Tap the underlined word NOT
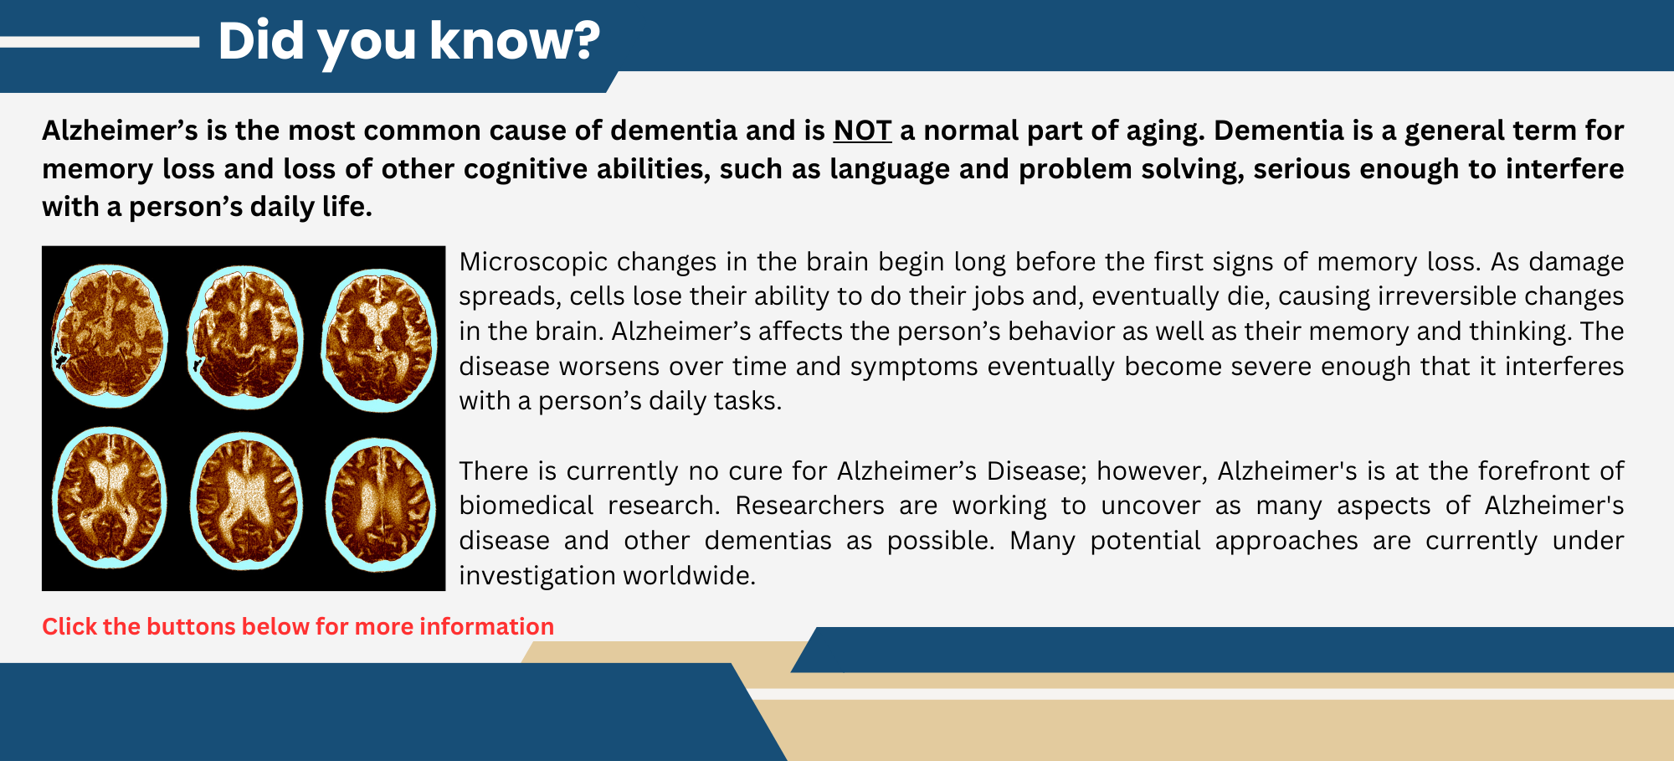[x=862, y=131]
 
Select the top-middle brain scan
[x=244, y=337]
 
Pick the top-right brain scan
[x=379, y=339]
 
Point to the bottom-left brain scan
[x=109, y=498]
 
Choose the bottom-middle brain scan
[x=246, y=501]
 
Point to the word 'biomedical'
[x=526, y=506]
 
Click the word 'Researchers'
[x=809, y=506]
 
